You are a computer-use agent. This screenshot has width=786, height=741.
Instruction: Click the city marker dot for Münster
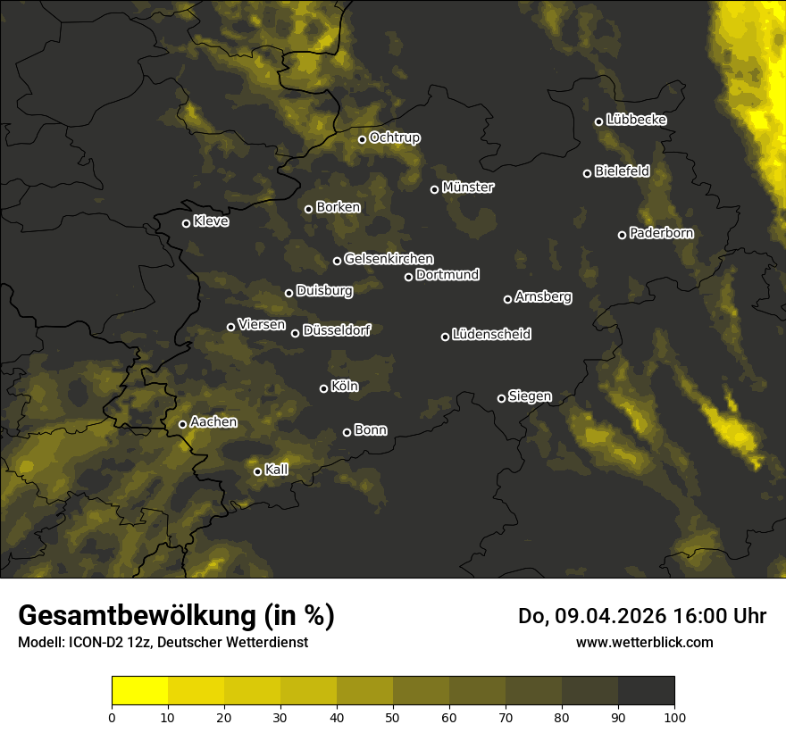point(435,189)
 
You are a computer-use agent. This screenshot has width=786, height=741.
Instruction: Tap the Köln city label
point(345,387)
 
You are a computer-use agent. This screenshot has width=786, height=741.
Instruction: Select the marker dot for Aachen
point(183,424)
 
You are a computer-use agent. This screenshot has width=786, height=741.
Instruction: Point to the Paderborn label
point(661,233)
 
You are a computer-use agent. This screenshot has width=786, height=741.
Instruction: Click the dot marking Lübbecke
point(598,121)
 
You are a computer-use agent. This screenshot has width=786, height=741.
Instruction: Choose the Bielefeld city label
point(622,171)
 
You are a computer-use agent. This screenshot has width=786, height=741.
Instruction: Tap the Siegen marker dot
point(501,398)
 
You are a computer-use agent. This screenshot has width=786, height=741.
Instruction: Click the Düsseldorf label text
point(336,330)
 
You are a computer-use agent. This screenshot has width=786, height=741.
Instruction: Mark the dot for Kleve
point(187,223)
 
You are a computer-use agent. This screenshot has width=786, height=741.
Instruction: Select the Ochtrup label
point(394,137)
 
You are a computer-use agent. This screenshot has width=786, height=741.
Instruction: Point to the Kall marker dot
point(257,471)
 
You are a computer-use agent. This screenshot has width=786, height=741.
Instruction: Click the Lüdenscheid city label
point(491,334)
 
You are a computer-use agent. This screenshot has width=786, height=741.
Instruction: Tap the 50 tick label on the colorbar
point(393,717)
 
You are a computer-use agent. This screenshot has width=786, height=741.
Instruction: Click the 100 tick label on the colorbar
point(674,717)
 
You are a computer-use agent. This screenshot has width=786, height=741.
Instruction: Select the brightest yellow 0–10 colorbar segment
point(140,691)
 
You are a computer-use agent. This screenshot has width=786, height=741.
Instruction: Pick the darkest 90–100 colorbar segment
point(646,691)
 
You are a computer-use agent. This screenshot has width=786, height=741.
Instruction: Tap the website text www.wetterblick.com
point(644,642)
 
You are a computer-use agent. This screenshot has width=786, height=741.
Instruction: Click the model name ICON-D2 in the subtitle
point(95,642)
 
